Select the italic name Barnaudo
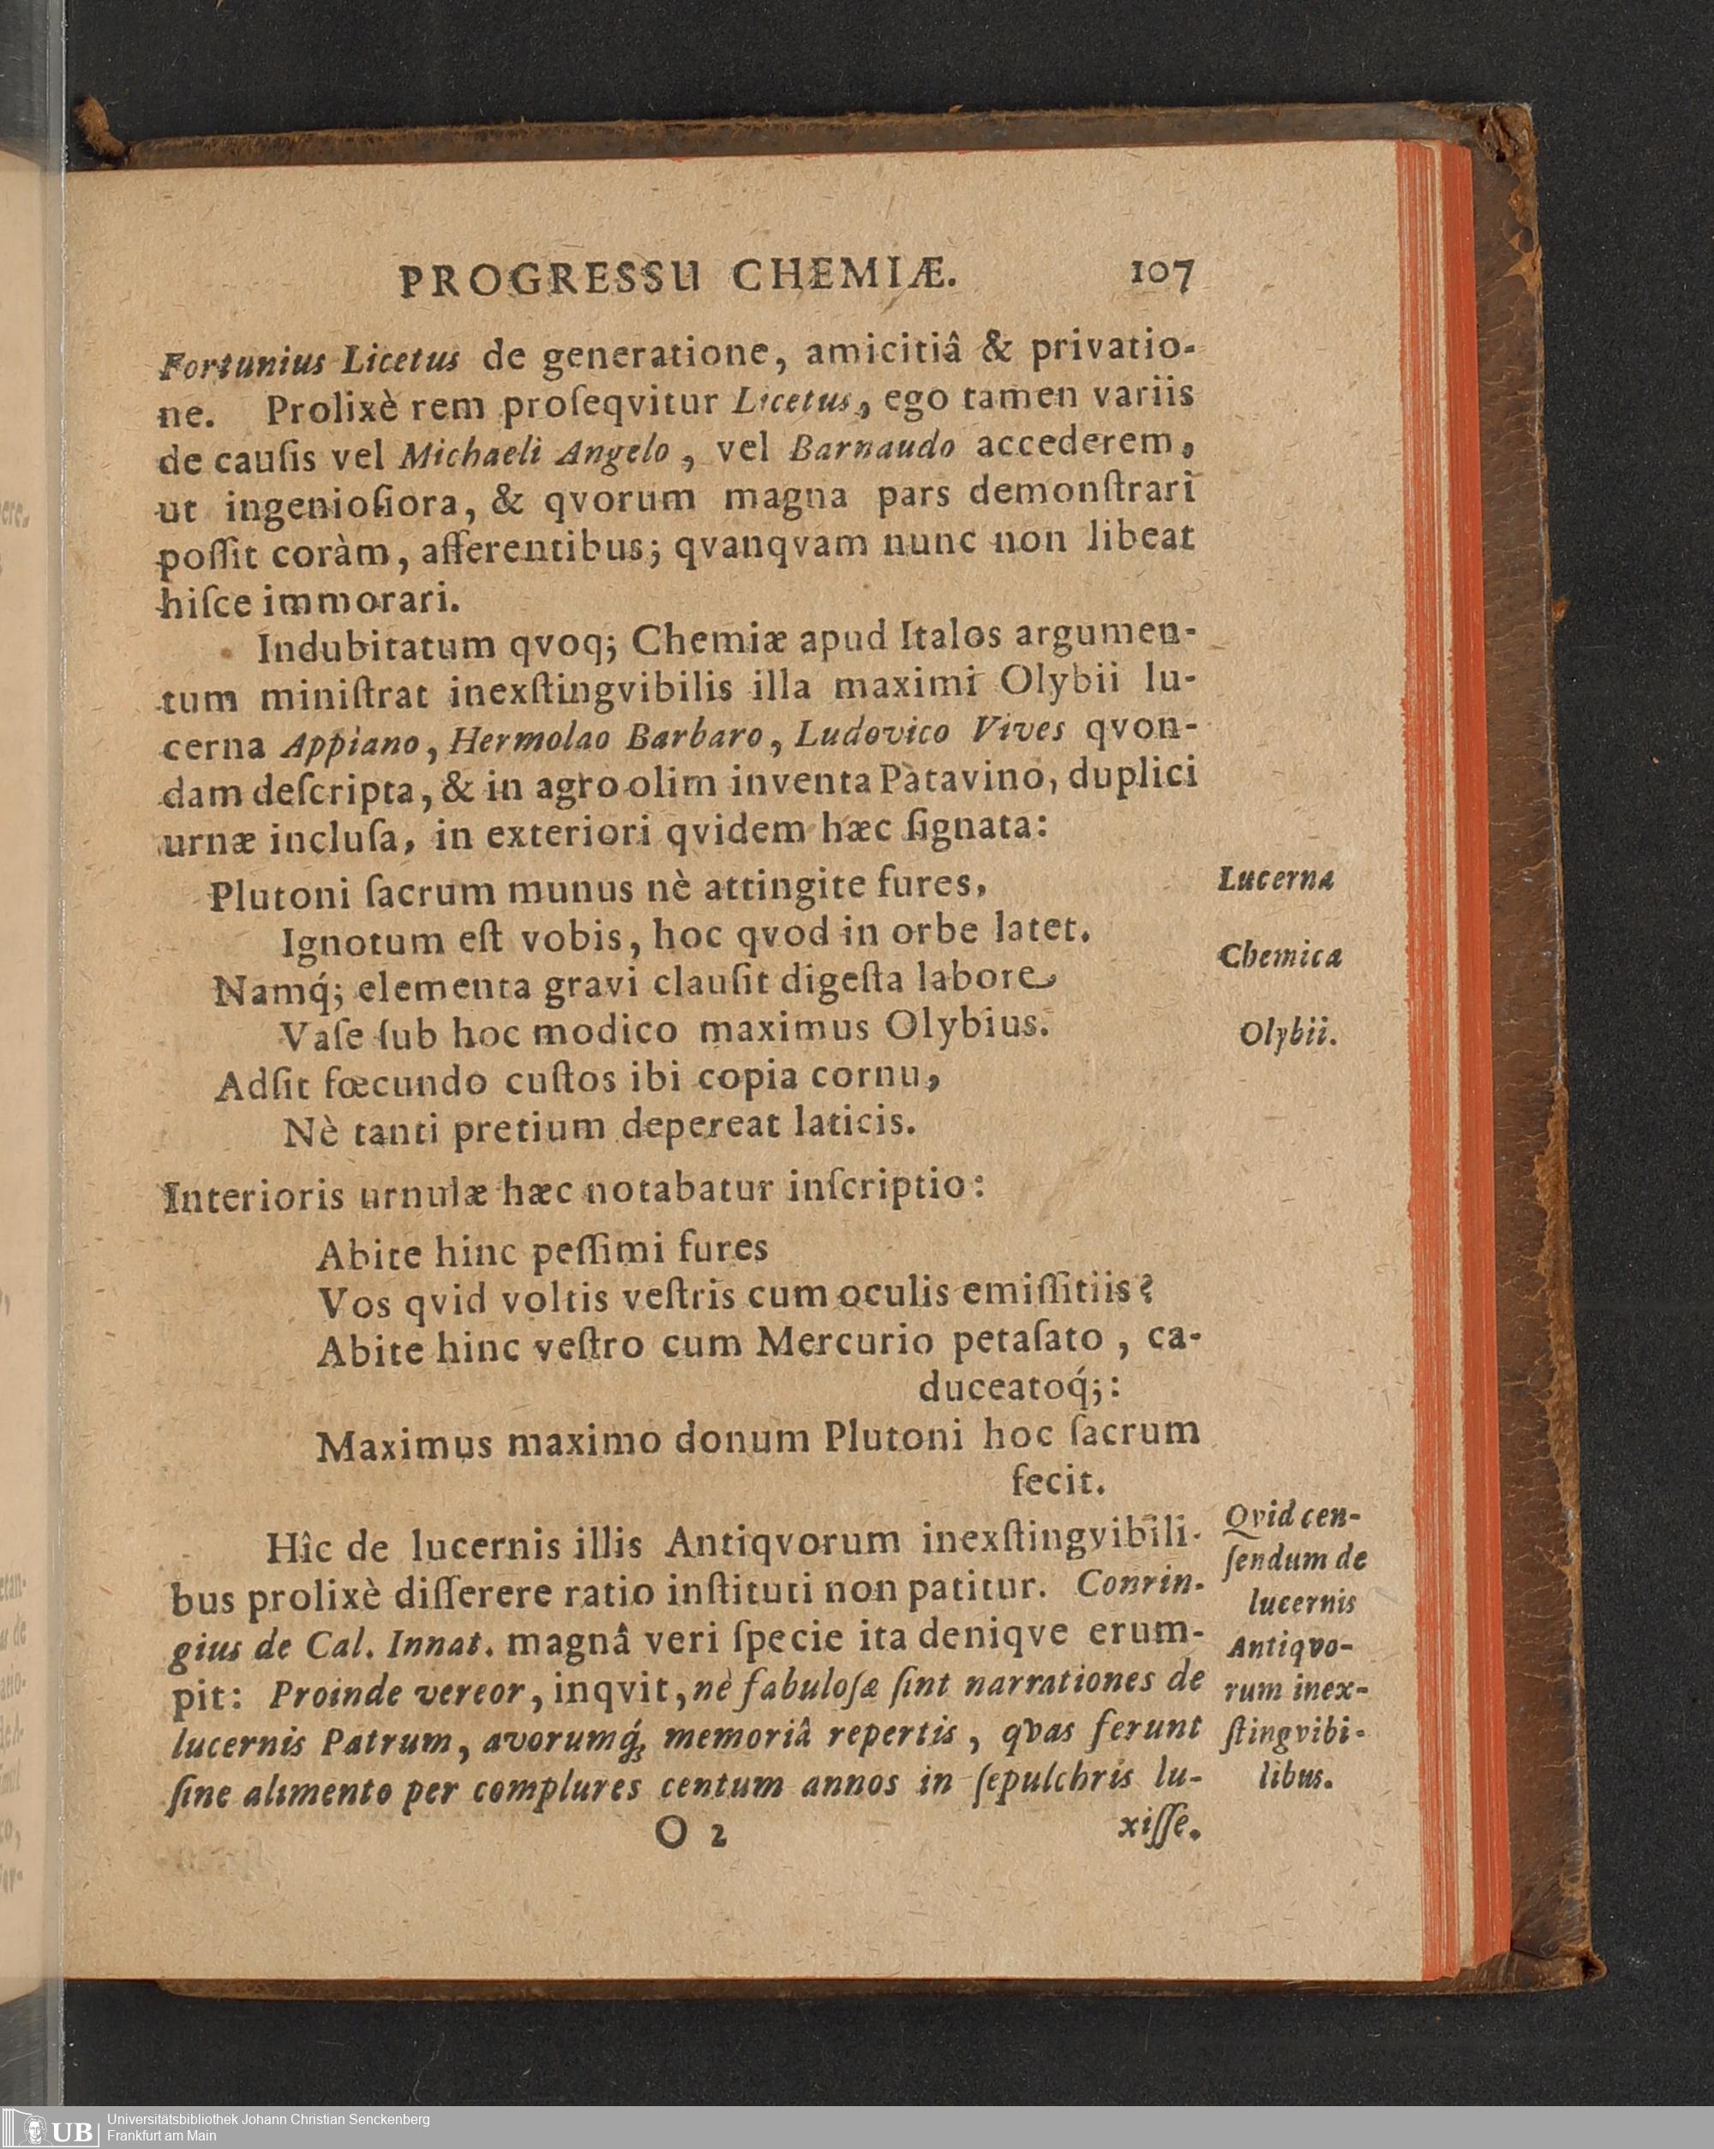(x=872, y=447)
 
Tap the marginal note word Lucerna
(x=1276, y=879)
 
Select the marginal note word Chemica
(x=1280, y=957)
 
